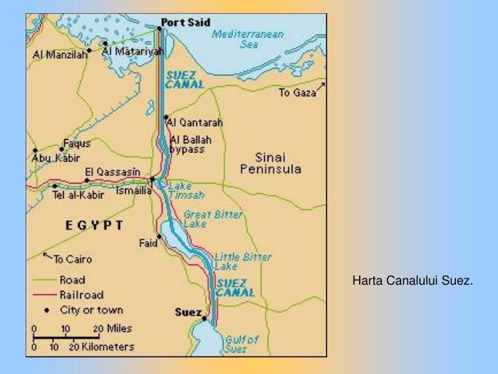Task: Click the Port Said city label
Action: pos(185,22)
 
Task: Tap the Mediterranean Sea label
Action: pos(239,39)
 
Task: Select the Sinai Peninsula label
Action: pos(270,163)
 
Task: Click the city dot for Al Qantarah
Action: pos(166,118)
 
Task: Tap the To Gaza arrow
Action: pos(321,88)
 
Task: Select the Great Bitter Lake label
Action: pos(212,220)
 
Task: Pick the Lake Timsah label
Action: pos(181,190)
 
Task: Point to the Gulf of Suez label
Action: pos(241,344)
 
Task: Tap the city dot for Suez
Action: pos(204,319)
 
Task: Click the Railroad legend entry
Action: pos(77,294)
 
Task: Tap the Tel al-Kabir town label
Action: pos(77,195)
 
